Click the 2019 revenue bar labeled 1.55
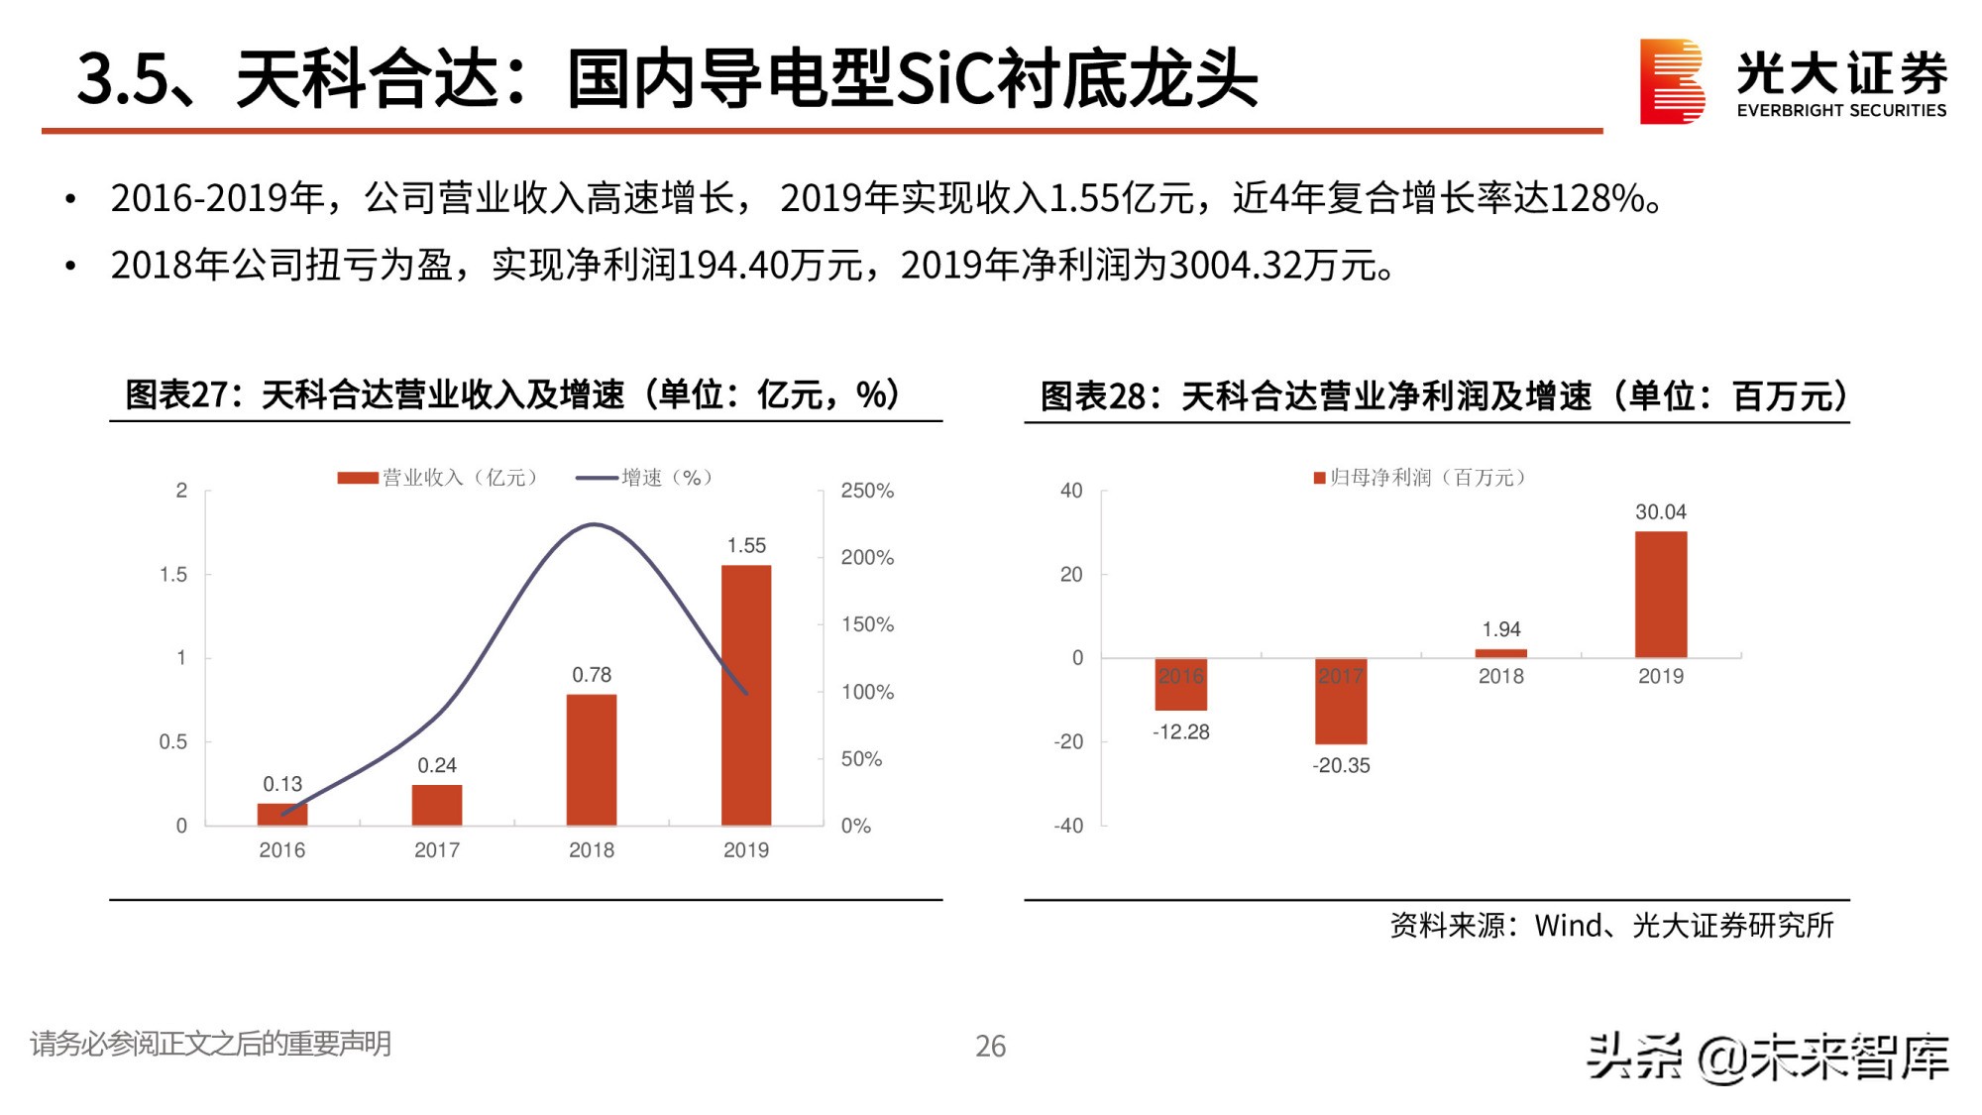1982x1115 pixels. point(745,694)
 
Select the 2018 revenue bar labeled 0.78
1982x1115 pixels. point(592,759)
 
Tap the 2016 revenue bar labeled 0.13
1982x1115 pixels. point(282,815)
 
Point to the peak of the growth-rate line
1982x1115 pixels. point(593,524)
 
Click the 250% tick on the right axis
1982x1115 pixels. point(867,491)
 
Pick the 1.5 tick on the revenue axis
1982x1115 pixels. point(173,575)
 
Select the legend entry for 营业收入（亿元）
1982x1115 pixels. point(438,478)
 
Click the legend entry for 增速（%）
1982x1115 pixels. point(644,478)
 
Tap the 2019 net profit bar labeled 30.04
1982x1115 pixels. point(1660,595)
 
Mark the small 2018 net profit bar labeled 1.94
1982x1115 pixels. point(1500,653)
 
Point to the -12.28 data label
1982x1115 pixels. point(1180,732)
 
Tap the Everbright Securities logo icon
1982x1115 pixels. point(1671,81)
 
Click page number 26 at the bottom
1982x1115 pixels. point(990,1047)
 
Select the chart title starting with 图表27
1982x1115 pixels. point(511,394)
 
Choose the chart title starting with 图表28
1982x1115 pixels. point(1443,396)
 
